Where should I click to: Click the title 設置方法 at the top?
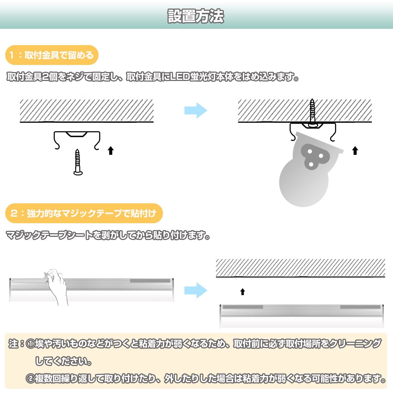tap(196, 16)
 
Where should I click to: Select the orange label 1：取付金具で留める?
tap(52, 55)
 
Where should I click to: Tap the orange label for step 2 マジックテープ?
tap(84, 213)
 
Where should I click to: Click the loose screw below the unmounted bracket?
tap(78, 162)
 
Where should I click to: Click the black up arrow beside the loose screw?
tap(111, 151)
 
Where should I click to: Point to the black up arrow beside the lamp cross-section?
tap(355, 151)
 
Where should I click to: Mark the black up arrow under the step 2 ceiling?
tap(243, 292)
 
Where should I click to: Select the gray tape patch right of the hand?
tap(150, 281)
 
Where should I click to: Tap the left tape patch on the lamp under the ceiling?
tap(243, 307)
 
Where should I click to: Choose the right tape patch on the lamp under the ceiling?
tap(360, 307)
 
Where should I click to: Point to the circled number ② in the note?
tap(30, 379)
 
